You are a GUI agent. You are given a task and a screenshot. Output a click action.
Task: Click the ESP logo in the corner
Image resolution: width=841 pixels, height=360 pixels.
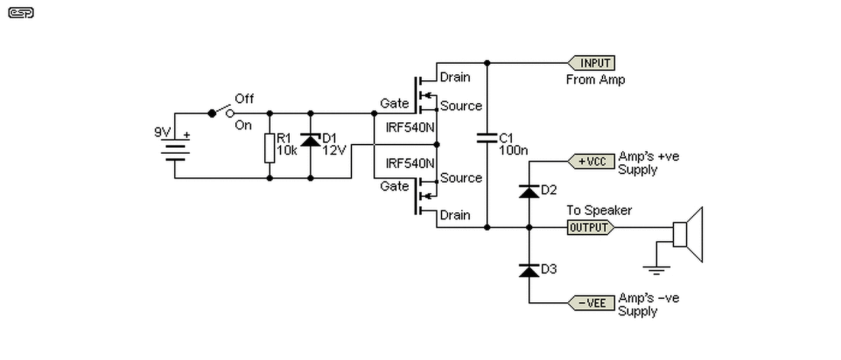click(x=21, y=12)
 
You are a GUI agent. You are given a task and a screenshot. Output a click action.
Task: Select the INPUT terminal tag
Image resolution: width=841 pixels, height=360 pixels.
click(x=591, y=63)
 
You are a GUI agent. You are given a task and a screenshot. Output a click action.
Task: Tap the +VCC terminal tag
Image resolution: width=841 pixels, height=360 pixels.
click(x=591, y=162)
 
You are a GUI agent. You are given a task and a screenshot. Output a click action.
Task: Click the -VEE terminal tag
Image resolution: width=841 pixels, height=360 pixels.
click(x=591, y=303)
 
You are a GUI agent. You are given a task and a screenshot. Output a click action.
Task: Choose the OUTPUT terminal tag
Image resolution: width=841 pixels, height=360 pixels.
click(x=591, y=227)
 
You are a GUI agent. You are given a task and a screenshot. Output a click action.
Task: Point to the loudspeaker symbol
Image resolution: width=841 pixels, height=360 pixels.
click(x=688, y=235)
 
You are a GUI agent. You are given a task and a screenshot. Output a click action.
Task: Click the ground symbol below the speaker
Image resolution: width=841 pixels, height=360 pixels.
click(x=656, y=270)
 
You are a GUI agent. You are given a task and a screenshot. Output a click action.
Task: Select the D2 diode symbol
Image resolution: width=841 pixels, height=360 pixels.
click(x=529, y=191)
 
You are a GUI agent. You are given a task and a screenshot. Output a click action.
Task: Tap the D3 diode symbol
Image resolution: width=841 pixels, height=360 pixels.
click(x=529, y=271)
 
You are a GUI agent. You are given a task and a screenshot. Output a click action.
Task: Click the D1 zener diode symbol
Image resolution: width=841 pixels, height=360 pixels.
click(x=311, y=140)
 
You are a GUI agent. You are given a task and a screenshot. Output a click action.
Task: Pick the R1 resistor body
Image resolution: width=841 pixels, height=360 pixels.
click(x=269, y=148)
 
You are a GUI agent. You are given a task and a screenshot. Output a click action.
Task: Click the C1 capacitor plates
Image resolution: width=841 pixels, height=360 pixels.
click(x=487, y=138)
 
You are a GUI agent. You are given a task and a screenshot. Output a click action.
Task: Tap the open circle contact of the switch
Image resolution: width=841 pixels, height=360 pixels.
click(x=230, y=113)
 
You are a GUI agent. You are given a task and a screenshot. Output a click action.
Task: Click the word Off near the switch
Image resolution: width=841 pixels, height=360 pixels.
click(x=244, y=99)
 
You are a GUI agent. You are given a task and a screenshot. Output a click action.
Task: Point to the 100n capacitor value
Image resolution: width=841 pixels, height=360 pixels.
click(x=513, y=150)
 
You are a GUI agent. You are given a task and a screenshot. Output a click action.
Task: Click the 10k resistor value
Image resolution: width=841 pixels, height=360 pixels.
click(x=287, y=150)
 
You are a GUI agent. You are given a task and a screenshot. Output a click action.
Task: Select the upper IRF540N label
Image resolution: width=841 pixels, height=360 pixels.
click(x=410, y=127)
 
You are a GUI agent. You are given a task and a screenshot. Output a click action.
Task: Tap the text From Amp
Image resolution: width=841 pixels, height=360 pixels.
click(x=595, y=79)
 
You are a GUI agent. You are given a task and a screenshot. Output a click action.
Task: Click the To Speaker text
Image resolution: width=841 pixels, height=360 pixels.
click(x=599, y=210)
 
